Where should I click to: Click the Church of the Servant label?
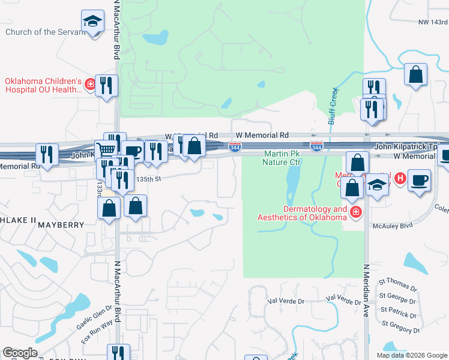pos(45,32)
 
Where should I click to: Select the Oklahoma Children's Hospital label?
pos(43,85)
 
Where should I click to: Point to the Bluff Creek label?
pos(331,107)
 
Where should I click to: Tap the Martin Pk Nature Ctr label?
pos(282,158)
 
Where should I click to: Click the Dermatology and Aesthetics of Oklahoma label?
pos(303,213)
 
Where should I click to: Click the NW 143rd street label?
pos(433,22)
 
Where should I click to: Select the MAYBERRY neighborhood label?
pos(61,225)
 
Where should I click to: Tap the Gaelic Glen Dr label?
pos(91,317)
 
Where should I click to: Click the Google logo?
pos(20,353)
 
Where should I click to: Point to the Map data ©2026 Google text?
pos(411,355)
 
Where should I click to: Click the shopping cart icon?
pos(106,149)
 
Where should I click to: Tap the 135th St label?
pos(149,179)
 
